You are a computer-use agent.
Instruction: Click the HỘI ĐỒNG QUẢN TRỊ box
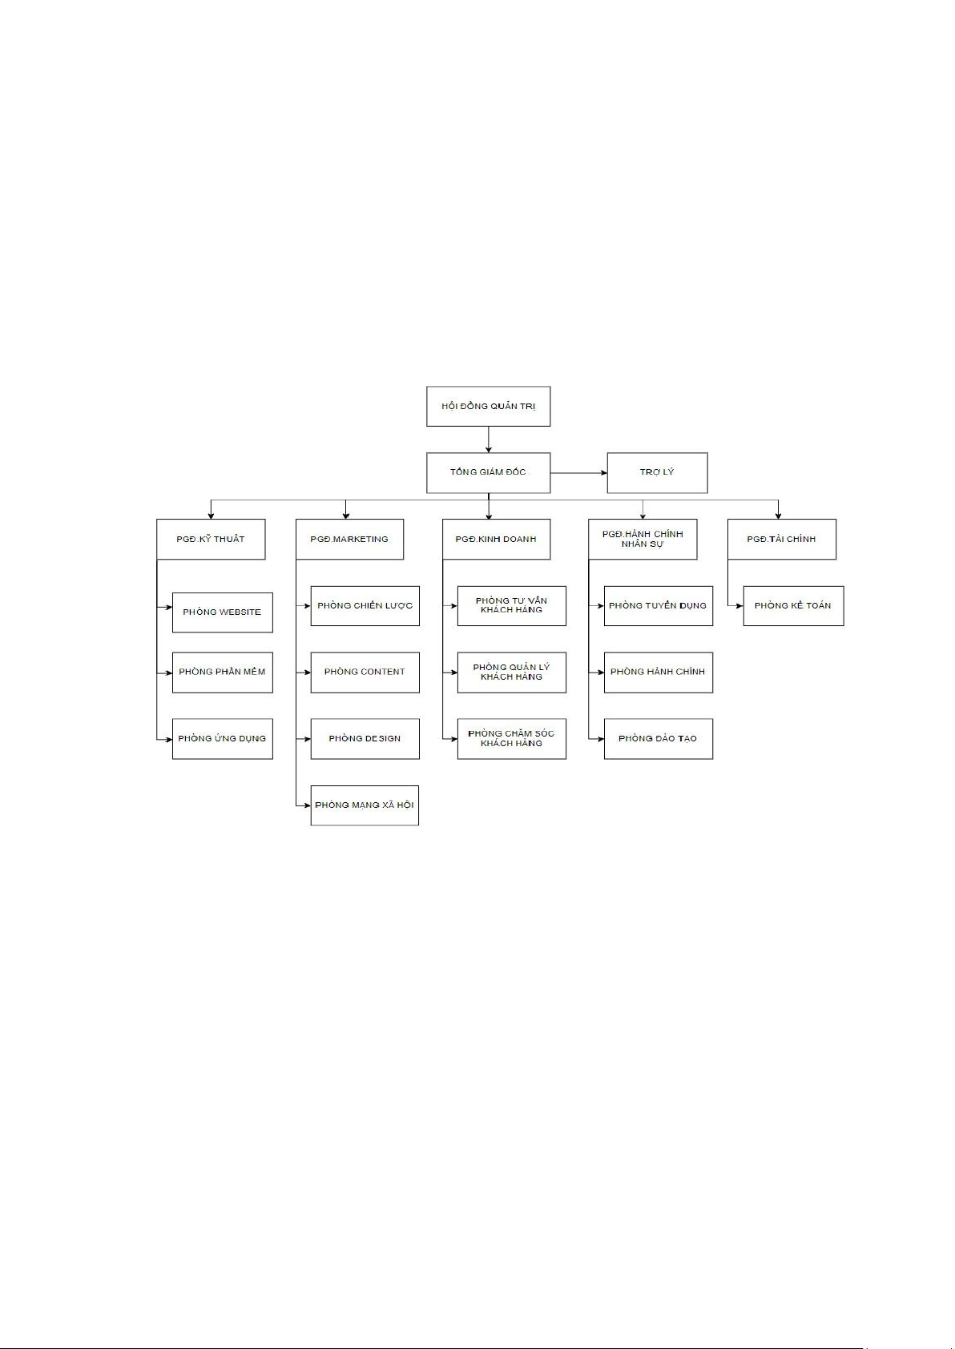pyautogui.click(x=488, y=406)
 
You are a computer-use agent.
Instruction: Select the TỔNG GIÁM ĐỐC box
pyautogui.click(x=488, y=472)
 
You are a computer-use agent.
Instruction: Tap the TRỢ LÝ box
pyautogui.click(x=657, y=472)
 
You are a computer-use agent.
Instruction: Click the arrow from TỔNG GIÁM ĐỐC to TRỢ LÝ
pyautogui.click(x=578, y=472)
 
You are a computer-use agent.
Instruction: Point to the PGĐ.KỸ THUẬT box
pyautogui.click(x=211, y=539)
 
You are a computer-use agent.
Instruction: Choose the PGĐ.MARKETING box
pyautogui.click(x=349, y=539)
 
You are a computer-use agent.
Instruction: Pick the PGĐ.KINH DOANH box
pyautogui.click(x=496, y=539)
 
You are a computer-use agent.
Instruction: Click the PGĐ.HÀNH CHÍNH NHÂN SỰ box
pyautogui.click(x=643, y=539)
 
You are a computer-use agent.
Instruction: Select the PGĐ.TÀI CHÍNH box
pyautogui.click(x=781, y=539)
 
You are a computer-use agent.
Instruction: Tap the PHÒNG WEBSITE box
pyautogui.click(x=222, y=612)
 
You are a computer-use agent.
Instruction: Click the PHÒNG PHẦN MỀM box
pyautogui.click(x=222, y=672)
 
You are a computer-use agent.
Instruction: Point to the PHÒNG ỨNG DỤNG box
pyautogui.click(x=222, y=738)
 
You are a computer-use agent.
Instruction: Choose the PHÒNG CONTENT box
pyautogui.click(x=365, y=672)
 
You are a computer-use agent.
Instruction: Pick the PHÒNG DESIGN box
pyautogui.click(x=365, y=738)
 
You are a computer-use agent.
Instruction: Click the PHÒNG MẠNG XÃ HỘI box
pyautogui.click(x=365, y=805)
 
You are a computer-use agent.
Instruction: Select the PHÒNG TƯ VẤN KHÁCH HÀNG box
pyautogui.click(x=511, y=605)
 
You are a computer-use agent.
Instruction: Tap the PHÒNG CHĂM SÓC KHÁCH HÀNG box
pyautogui.click(x=511, y=738)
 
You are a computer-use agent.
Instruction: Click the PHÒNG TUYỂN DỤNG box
pyautogui.click(x=658, y=605)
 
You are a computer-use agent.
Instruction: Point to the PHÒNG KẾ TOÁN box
pyautogui.click(x=793, y=605)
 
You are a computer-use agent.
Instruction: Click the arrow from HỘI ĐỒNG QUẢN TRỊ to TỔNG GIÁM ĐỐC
pyautogui.click(x=488, y=439)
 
